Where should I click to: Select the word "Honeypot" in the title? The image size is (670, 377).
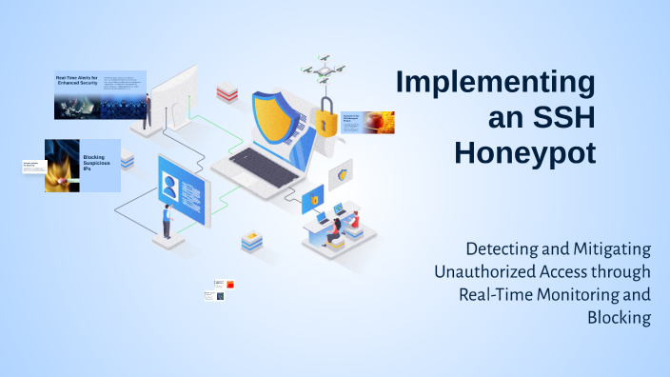click(x=524, y=152)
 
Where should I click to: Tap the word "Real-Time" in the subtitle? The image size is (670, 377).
click(x=496, y=294)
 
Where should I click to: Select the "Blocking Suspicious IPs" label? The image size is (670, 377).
click(x=95, y=159)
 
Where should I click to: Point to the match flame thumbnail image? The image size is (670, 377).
click(x=62, y=167)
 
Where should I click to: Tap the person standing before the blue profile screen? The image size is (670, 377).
click(x=167, y=221)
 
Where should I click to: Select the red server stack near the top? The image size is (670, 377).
click(x=227, y=93)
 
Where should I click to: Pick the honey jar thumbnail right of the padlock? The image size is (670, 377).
click(x=380, y=122)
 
